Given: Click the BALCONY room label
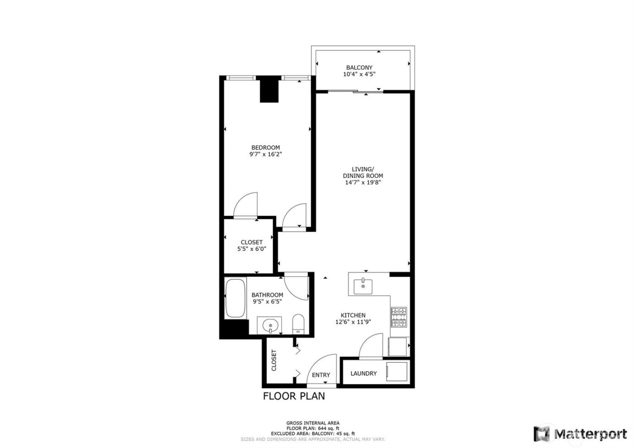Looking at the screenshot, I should click(x=359, y=67).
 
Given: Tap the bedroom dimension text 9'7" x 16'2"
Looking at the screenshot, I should click(x=266, y=154).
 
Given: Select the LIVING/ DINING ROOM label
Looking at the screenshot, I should click(x=363, y=172).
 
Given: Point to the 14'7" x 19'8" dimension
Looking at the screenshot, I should click(x=363, y=183).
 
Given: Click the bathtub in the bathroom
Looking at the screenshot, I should click(x=235, y=298).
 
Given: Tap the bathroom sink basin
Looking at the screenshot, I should click(x=270, y=325).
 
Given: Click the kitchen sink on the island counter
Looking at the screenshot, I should click(x=363, y=286).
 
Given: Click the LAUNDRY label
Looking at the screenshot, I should click(x=364, y=373).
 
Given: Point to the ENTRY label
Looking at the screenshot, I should click(x=321, y=375).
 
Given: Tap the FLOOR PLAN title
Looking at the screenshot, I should click(x=294, y=396).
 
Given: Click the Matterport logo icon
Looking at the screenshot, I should click(x=542, y=434).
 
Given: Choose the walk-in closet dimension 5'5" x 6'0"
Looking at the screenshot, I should click(x=251, y=249).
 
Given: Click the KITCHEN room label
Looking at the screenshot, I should click(x=353, y=315).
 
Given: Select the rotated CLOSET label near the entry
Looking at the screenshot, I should click(x=274, y=360).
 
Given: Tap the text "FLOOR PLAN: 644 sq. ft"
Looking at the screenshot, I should click(x=313, y=428).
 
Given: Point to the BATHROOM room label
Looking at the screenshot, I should click(x=268, y=295).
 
